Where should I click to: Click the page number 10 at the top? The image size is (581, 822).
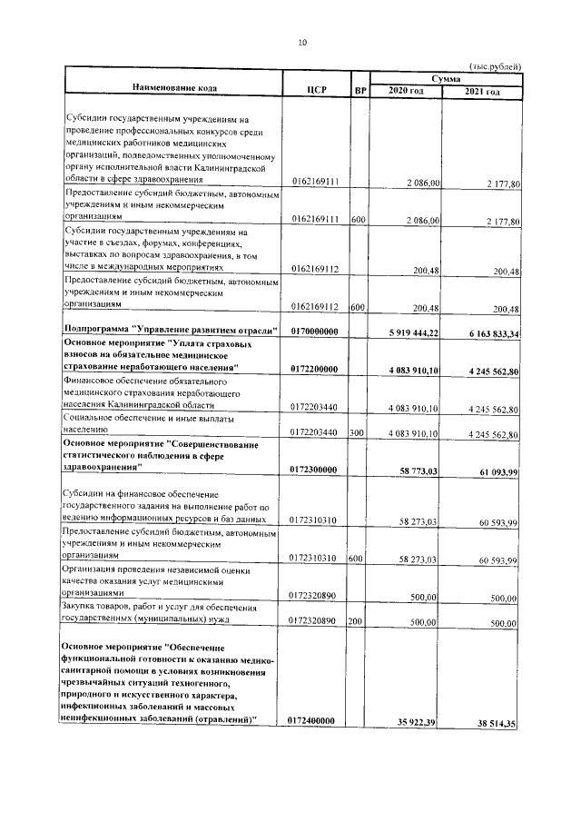pos(303,42)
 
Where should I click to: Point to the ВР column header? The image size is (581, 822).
pos(360,90)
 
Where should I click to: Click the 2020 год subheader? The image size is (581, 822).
pos(406,92)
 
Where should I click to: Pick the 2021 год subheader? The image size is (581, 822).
pos(482,92)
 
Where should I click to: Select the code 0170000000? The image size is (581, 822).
pos(314,332)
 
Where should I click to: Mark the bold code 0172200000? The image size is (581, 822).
pos(314,369)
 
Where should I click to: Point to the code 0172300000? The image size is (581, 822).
pos(314,469)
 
